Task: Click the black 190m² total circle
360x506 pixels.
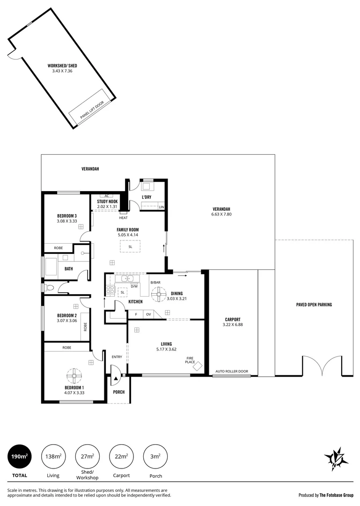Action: tap(20, 456)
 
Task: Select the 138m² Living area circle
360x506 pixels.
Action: tap(53, 456)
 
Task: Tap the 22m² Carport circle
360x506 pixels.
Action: tap(121, 456)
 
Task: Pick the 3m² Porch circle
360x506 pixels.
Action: tap(155, 456)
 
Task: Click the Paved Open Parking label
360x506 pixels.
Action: tap(314, 305)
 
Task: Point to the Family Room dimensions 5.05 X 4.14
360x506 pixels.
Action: tap(127, 235)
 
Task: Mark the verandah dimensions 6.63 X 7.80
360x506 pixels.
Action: tap(221, 215)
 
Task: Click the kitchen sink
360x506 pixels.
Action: tap(127, 280)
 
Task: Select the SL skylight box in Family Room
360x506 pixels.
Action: tap(130, 246)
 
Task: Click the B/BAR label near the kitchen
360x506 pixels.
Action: tap(155, 283)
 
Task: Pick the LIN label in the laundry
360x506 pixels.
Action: tap(162, 207)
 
